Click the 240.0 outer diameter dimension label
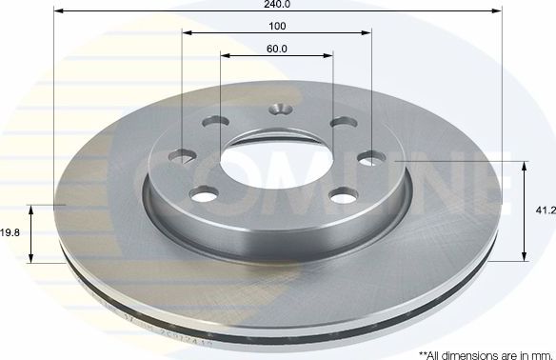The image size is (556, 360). (277, 4)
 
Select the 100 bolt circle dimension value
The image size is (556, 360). (277, 25)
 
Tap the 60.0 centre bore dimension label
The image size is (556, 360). (277, 48)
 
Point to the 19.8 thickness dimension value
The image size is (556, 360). (10, 230)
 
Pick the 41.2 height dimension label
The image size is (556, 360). (546, 211)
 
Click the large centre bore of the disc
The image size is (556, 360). (277, 158)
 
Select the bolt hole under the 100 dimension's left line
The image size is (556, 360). (182, 155)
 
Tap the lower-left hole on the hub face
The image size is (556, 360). (203, 194)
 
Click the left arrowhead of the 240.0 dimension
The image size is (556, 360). (59, 12)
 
